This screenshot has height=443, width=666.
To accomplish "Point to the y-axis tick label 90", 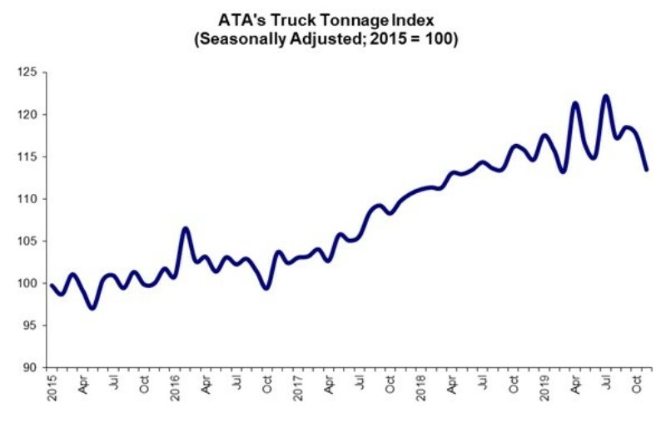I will [x=30, y=367].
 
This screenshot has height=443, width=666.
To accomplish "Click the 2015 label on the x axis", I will [x=50, y=385].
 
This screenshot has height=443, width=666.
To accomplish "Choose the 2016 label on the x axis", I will [x=175, y=385].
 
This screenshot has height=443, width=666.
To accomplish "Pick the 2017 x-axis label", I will [x=297, y=385].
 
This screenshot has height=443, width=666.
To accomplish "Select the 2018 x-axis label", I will [x=420, y=385].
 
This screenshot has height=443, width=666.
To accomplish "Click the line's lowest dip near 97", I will [x=92, y=307].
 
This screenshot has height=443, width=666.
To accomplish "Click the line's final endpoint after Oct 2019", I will [x=647, y=169].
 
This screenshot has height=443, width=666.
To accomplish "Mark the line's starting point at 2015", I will [x=52, y=286].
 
